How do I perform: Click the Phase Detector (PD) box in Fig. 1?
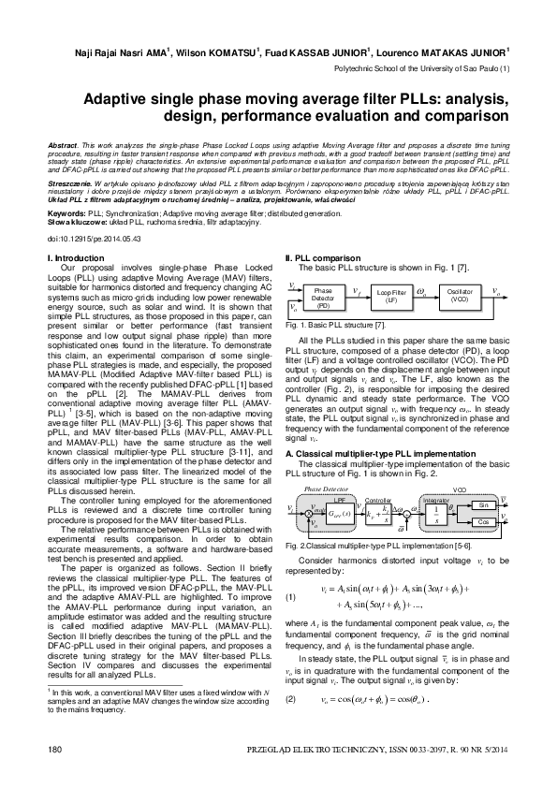pyautogui.click(x=323, y=299)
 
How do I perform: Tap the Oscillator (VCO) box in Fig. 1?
pyautogui.click(x=460, y=297)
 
